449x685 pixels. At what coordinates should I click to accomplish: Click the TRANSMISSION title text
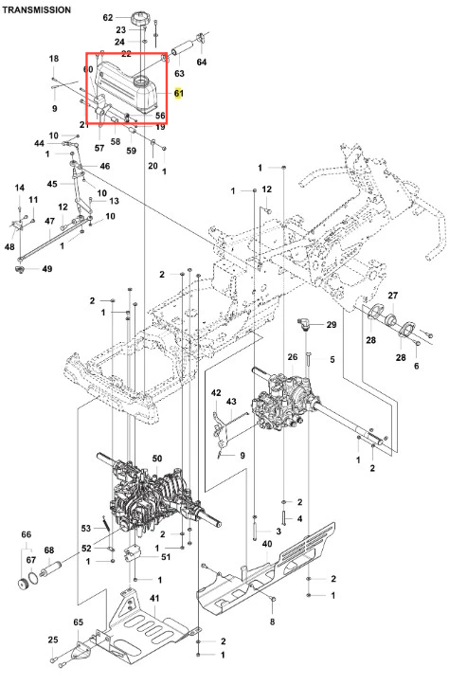pos(37,9)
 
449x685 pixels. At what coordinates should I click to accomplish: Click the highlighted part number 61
pos(179,93)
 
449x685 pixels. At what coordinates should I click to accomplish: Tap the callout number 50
pos(157,459)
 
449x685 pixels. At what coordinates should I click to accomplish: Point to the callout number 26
pos(292,357)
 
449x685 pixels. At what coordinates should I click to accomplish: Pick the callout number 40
pos(267,544)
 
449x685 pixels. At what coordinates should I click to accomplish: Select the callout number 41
pos(154,598)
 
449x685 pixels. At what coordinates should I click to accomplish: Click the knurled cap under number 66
pos(24,583)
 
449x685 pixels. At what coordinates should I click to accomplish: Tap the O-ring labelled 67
pos(34,577)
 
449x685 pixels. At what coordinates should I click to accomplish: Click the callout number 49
pos(47,269)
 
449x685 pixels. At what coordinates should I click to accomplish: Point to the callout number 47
pos(50,221)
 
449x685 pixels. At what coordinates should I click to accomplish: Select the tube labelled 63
pos(181,48)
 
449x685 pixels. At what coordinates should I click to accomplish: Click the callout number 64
pos(202,62)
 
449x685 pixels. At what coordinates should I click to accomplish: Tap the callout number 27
pos(393,296)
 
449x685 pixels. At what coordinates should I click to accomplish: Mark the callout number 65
pos(79,622)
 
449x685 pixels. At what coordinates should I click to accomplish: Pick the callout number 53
pos(86,528)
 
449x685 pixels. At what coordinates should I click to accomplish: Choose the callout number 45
pos(52,184)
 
